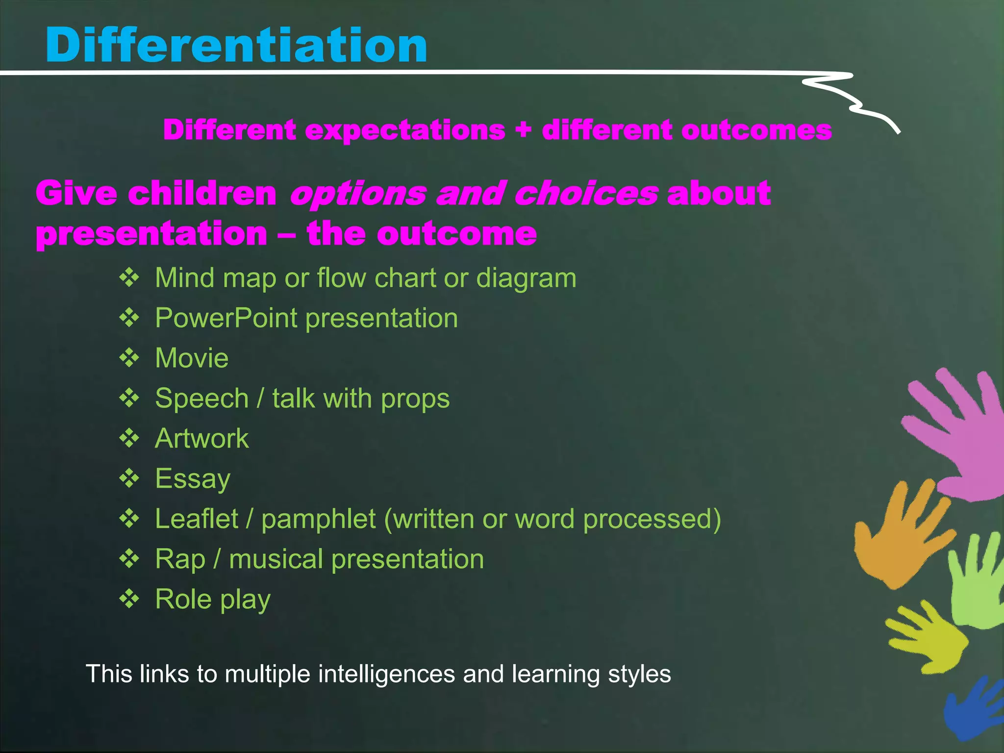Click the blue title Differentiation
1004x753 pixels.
[236, 45]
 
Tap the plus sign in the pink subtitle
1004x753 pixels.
[524, 130]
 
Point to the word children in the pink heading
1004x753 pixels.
[202, 193]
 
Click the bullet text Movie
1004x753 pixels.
[192, 358]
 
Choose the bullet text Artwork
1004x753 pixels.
[201, 438]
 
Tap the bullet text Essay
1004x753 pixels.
[193, 478]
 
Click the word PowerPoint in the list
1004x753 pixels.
[226, 318]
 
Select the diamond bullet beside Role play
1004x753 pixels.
[129, 599]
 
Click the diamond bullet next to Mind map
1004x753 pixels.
[129, 277]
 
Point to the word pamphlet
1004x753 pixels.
[318, 519]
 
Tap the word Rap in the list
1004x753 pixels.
[179, 559]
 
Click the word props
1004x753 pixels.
[415, 399]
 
